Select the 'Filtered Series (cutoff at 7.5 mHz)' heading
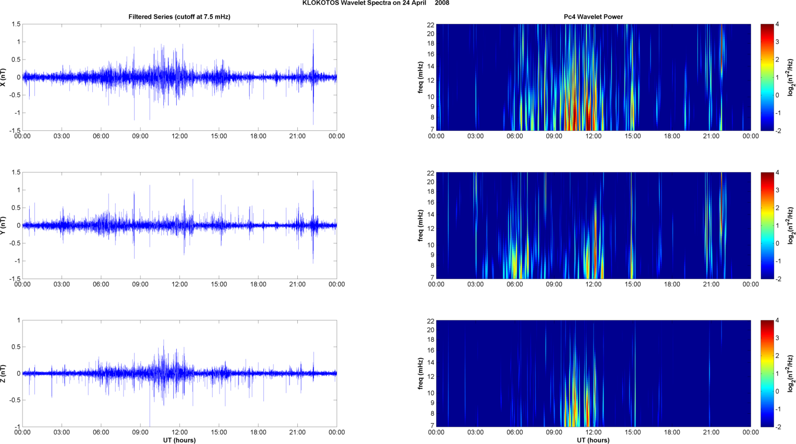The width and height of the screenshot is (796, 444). point(179,17)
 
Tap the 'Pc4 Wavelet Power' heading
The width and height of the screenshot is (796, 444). point(593,17)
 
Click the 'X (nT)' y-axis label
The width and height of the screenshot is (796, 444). point(4,77)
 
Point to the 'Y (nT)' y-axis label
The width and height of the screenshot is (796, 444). point(4,225)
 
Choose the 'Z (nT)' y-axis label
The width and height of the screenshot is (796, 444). point(4,374)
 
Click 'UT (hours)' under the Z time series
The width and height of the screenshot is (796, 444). point(179,440)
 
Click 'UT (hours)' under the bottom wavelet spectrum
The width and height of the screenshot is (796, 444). point(593,440)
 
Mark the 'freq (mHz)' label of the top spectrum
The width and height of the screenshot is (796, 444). point(420,77)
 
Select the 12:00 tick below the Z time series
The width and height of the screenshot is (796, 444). point(179,432)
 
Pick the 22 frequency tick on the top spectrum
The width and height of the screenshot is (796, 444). point(430,25)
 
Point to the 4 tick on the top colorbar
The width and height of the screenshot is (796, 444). point(777,25)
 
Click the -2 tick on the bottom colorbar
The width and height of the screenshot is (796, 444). point(778,427)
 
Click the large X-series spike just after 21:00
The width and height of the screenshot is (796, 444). point(313,47)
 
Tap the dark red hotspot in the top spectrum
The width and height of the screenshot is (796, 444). point(588,117)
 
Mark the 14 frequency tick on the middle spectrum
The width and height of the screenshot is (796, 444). point(430,214)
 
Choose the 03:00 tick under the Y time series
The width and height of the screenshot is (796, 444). point(62,284)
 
